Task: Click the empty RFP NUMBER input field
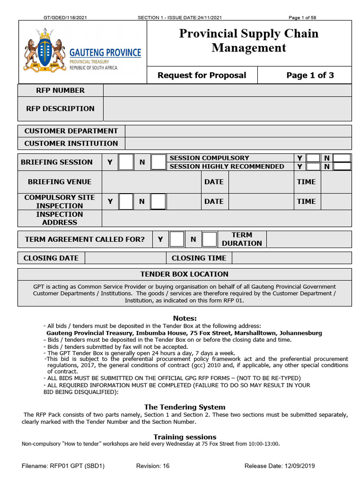[x=227, y=90]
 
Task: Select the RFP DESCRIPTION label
[x=60, y=109]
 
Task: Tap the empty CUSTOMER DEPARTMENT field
[x=238, y=131]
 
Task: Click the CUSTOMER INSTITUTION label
[x=71, y=143]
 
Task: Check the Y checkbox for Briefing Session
[x=126, y=162]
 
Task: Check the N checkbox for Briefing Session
[x=158, y=162]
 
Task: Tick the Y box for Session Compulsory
[x=313, y=158]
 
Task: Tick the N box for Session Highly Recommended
[x=342, y=166]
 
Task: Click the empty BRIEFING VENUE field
[x=151, y=182]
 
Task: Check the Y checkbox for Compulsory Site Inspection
[x=126, y=202]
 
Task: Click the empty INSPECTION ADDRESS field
[x=226, y=218]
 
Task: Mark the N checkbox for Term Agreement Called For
[x=209, y=240]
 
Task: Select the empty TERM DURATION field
[x=308, y=240]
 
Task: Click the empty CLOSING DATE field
[x=125, y=258]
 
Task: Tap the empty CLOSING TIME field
[x=291, y=258]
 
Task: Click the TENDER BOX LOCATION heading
[x=184, y=274]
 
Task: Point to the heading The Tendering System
[x=184, y=407]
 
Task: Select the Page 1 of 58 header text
[x=302, y=18]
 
